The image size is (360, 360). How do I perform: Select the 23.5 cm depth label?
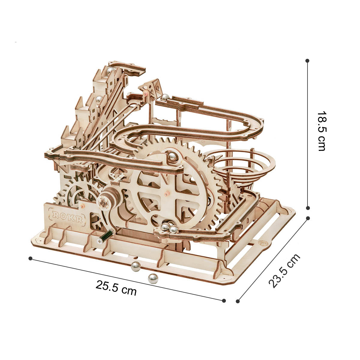284,271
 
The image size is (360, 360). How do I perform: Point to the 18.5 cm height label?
322,131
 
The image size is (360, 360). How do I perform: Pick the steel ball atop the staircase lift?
110,71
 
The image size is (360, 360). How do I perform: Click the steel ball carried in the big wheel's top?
173,157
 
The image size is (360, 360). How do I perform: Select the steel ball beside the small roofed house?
165,97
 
